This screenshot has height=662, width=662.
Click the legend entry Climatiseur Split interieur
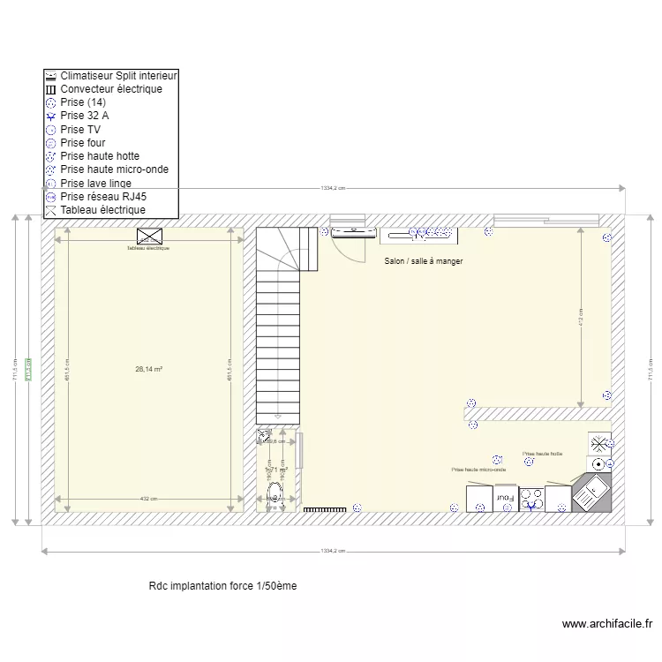point(118,77)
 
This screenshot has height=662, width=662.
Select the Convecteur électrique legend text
point(110,90)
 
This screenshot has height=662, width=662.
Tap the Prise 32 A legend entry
point(85,116)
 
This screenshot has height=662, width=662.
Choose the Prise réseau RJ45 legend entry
point(103,197)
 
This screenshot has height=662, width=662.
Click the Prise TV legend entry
point(79,130)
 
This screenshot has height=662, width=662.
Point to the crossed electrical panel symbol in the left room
point(149,236)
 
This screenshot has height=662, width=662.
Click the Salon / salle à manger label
point(424,261)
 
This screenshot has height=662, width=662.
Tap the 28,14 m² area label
point(148,370)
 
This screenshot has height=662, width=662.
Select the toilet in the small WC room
point(275,493)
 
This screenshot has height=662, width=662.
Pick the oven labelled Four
point(505,499)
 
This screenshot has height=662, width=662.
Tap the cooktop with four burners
point(531,500)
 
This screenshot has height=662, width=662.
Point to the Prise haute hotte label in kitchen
point(542,454)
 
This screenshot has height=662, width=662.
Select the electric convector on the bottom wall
point(326,509)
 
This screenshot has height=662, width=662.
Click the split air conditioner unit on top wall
point(352,233)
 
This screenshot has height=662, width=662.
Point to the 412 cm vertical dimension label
point(581,316)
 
